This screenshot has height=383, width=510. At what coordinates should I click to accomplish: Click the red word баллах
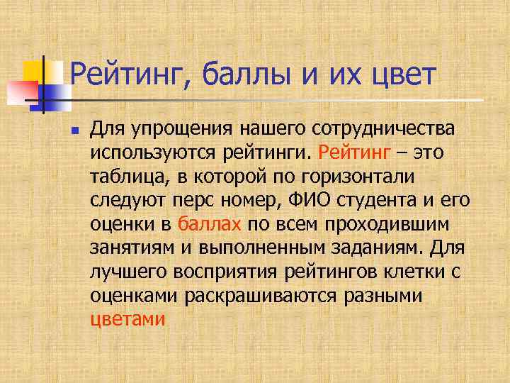210,224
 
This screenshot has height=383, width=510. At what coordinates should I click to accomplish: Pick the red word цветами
128,319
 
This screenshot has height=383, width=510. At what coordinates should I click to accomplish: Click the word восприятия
226,272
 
